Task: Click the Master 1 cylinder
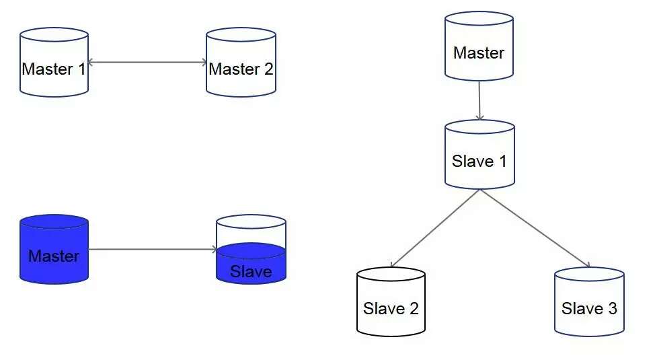[54, 62]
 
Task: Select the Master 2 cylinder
[241, 62]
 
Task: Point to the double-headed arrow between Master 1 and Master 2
[147, 63]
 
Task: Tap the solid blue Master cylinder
[54, 249]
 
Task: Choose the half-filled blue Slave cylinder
[251, 250]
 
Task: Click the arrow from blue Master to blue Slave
[152, 250]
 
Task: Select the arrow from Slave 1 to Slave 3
[535, 228]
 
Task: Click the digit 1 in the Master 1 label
[82, 69]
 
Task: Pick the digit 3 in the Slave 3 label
[611, 309]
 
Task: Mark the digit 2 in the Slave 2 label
[414, 309]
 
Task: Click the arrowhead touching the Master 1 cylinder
[91, 63]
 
